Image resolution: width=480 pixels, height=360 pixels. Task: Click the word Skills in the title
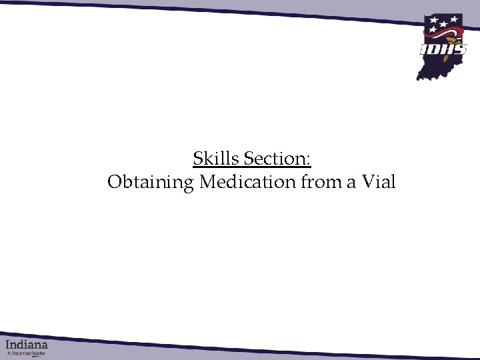point(216,159)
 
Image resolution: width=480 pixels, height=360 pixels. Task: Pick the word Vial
point(379,181)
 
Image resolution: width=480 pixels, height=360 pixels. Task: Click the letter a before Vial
point(351,183)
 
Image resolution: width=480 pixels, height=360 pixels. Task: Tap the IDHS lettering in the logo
point(443,49)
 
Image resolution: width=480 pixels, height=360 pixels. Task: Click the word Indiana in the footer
point(27,345)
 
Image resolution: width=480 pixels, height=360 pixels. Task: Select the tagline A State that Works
point(27,353)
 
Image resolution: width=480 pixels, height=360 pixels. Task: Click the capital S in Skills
point(197,159)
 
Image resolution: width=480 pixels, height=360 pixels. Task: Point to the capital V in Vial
point(369,181)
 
